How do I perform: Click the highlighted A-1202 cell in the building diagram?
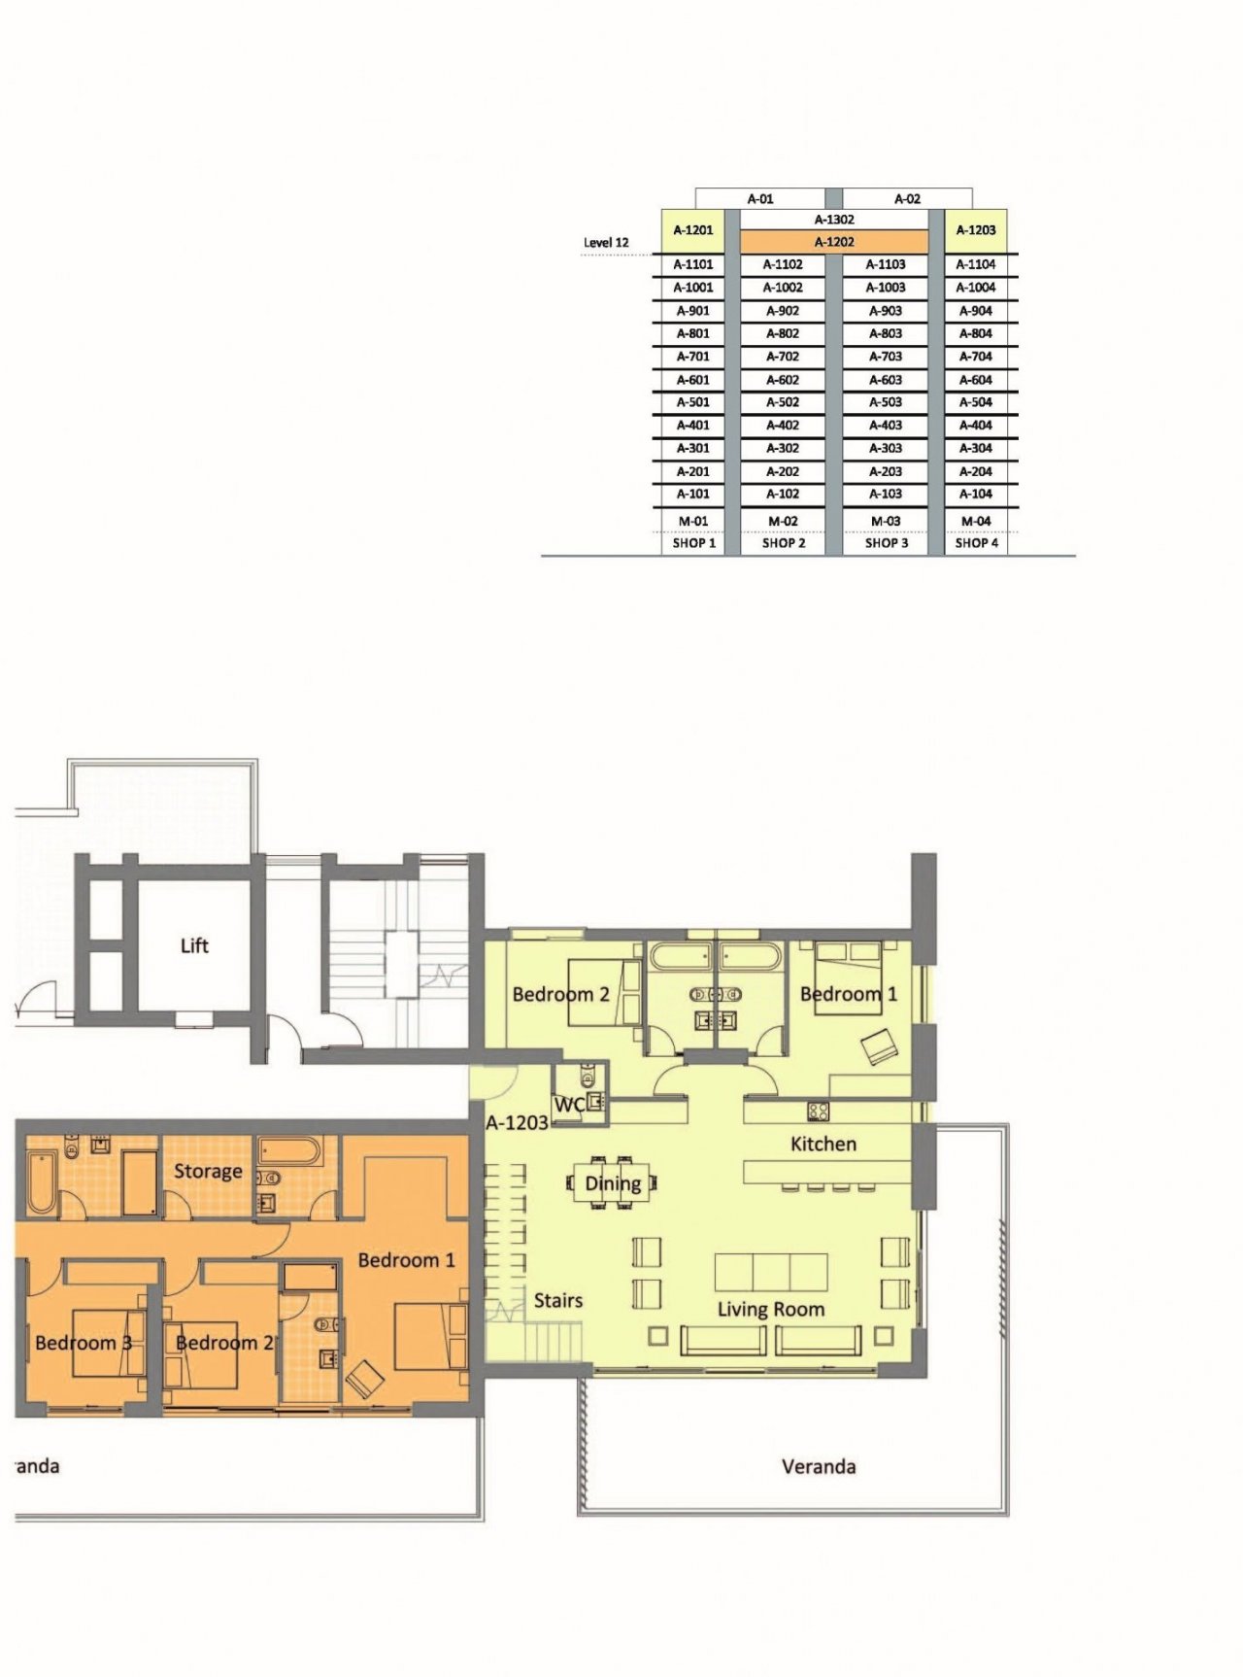point(834,242)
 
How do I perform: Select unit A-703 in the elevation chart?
point(886,357)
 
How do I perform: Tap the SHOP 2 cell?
point(783,543)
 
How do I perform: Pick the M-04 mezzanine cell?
point(976,522)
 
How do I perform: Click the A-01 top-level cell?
point(760,199)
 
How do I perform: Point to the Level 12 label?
point(606,243)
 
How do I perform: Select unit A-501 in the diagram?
point(693,402)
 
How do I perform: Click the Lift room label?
point(194,945)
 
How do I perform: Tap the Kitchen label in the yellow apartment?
point(823,1145)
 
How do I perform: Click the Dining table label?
point(613,1184)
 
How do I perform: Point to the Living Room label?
point(771,1310)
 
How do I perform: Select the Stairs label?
point(558,1301)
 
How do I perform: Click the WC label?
point(569,1105)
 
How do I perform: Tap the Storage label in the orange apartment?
point(208,1172)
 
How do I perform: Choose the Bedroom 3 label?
point(84,1343)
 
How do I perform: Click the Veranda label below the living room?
point(819,1466)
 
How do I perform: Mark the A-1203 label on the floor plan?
point(518,1123)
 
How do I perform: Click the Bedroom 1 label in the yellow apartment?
point(849,994)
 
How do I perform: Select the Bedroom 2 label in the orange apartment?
point(224,1343)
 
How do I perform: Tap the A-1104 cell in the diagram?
point(976,264)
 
